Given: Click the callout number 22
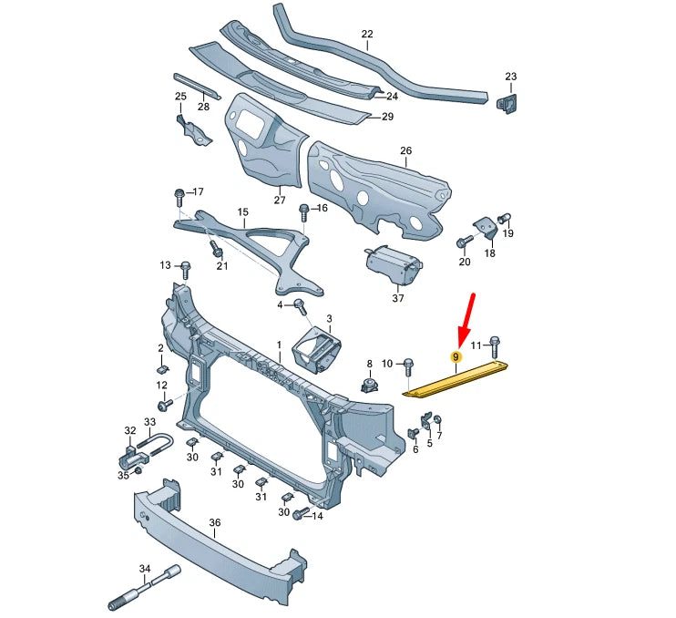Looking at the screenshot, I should (367, 35).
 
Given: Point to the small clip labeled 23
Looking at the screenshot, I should (507, 102).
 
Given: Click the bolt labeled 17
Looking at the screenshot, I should (179, 197).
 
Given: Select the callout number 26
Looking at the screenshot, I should (405, 150).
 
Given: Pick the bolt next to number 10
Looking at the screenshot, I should (407, 366).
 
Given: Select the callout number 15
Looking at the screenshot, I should (242, 212).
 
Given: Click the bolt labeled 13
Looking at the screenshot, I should (186, 269).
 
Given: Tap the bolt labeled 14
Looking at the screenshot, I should (298, 516).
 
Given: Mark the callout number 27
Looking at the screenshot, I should (280, 201).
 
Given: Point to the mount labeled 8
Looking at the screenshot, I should (369, 384).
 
